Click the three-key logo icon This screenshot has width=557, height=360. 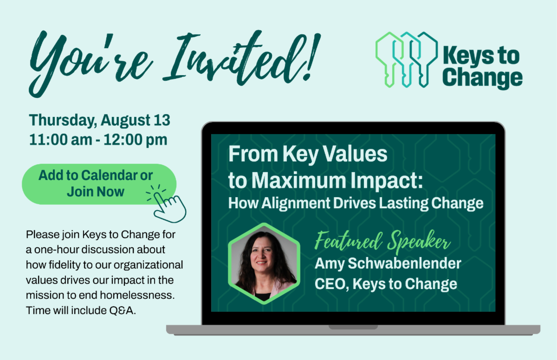point(407,60)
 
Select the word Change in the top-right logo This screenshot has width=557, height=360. point(482,78)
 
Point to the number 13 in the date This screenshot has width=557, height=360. point(162,120)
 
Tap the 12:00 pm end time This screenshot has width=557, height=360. point(136,140)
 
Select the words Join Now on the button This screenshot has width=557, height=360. point(96,192)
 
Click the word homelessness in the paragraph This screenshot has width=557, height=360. point(137,295)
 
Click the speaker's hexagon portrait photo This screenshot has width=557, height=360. point(264,264)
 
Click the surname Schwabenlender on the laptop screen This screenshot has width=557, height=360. point(405,263)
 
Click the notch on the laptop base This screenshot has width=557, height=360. point(353,327)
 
